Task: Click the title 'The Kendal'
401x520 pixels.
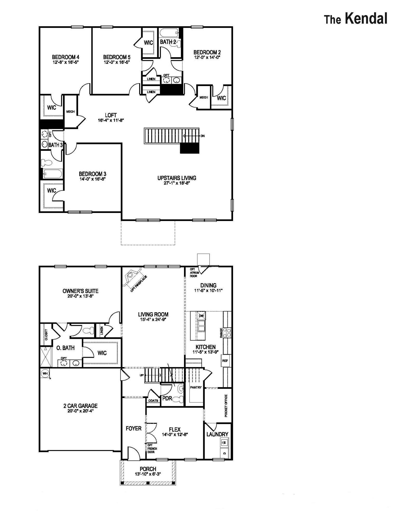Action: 356,19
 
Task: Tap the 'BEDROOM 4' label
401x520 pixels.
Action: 65,57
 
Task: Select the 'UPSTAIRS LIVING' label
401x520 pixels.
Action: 176,178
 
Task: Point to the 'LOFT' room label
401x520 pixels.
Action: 111,115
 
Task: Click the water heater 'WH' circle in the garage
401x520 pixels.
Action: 45,374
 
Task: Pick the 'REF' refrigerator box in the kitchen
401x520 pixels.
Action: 225,361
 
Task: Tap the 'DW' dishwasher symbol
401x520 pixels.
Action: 201,316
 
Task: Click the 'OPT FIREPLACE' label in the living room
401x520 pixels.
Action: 139,284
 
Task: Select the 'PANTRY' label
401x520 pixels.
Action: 196,387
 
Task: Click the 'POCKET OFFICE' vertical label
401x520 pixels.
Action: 226,406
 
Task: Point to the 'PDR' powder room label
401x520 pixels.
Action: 167,398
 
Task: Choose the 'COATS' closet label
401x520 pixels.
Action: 153,401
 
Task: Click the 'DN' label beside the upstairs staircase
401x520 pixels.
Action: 202,136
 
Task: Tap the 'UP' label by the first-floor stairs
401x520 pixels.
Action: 141,375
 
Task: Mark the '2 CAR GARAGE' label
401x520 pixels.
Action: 80,406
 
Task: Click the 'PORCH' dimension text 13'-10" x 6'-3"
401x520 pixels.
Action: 148,474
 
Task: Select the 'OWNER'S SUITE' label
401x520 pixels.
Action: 80,291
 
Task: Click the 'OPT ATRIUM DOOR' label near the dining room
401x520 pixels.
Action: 194,273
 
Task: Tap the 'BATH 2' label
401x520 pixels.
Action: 168,42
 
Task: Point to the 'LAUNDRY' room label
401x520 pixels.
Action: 217,434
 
